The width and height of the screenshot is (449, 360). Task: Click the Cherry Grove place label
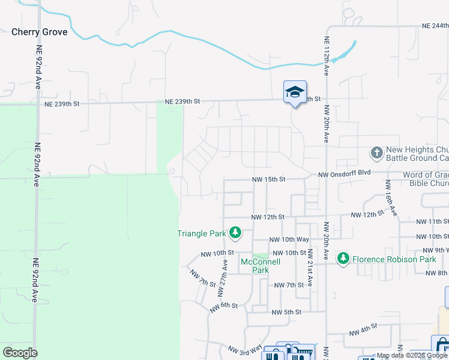pos(39,32)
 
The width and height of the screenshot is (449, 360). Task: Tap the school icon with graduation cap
pos(295,92)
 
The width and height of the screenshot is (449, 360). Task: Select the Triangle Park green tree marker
pos(236,232)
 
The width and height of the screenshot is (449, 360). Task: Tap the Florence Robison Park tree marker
pos(343,259)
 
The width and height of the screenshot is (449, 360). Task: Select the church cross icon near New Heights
pos(376,152)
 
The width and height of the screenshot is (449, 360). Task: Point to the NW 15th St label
pos(268,179)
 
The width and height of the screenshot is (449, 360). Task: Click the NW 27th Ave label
pos(223,273)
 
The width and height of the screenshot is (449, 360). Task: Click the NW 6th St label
pos(224,307)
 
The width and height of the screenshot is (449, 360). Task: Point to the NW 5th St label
pos(286,312)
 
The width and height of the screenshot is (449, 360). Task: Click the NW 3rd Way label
pos(245,349)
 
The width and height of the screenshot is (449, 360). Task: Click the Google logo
pos(20,352)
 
